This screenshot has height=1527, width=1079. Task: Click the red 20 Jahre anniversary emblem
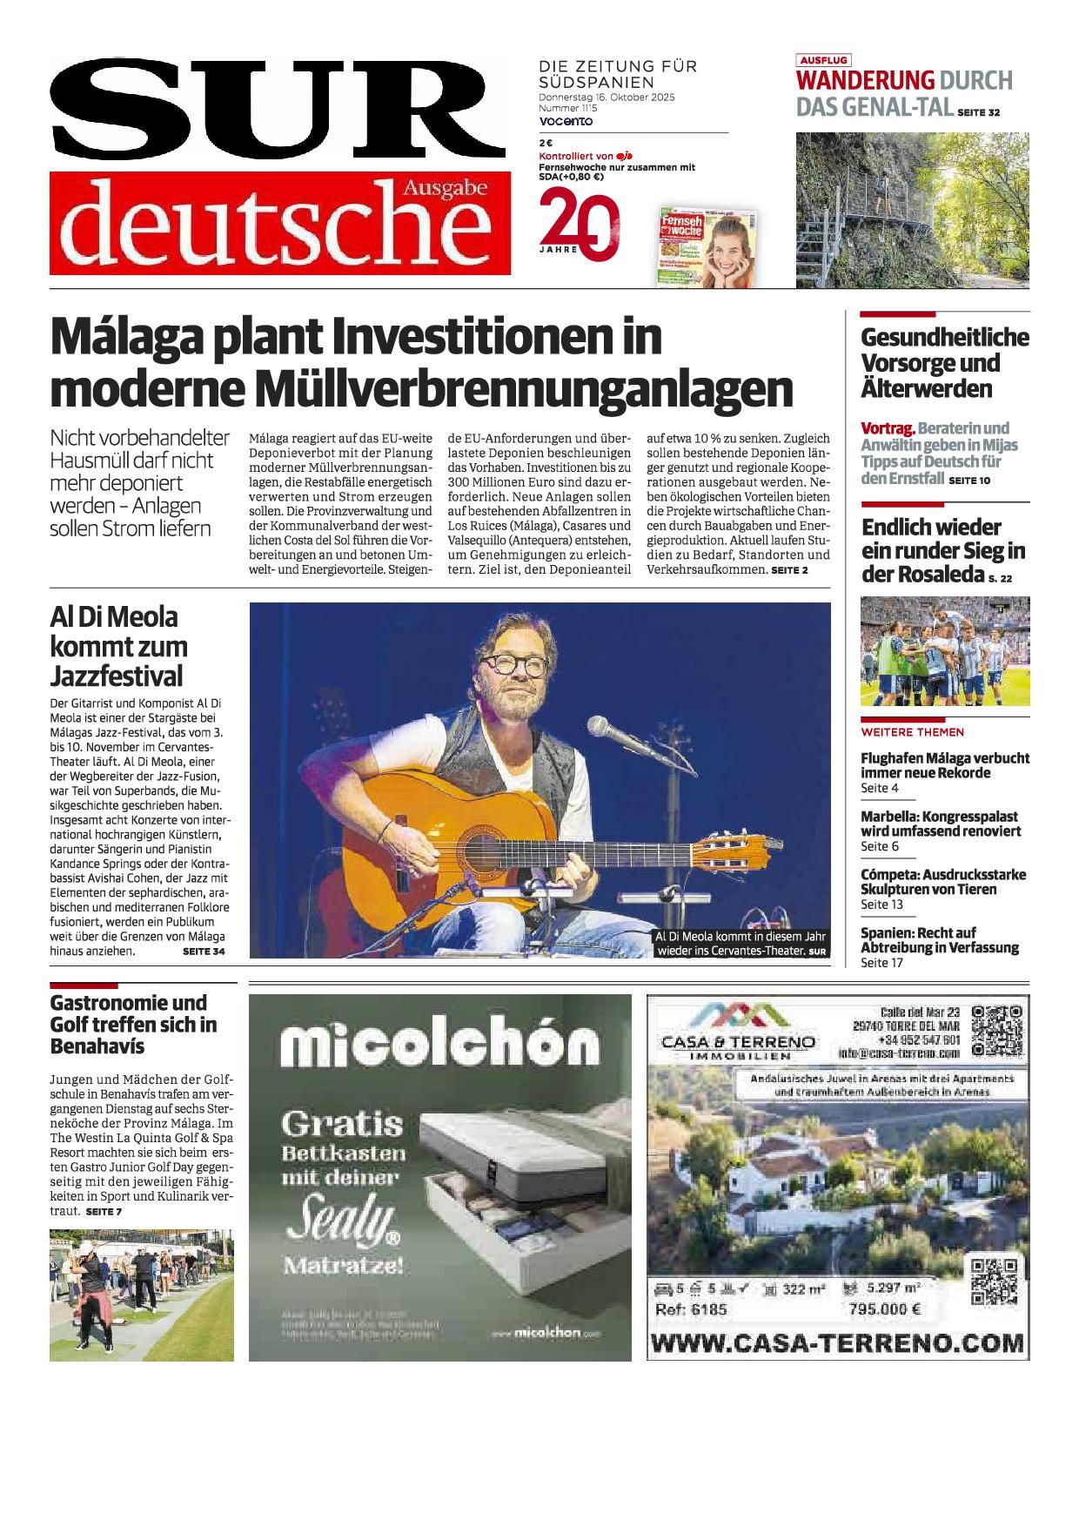[x=580, y=225]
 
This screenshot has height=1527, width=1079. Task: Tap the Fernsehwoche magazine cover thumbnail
[x=707, y=247]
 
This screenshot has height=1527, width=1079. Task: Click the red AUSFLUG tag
[x=823, y=61]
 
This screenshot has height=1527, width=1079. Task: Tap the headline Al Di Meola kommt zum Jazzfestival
[x=117, y=646]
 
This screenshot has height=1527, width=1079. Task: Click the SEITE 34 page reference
[x=204, y=952]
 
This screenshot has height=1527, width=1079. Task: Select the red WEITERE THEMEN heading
[x=912, y=732]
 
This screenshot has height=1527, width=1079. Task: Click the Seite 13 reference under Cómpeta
[x=881, y=905]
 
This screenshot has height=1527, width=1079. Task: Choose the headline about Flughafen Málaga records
[x=944, y=765]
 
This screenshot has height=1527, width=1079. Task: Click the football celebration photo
[x=944, y=651]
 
